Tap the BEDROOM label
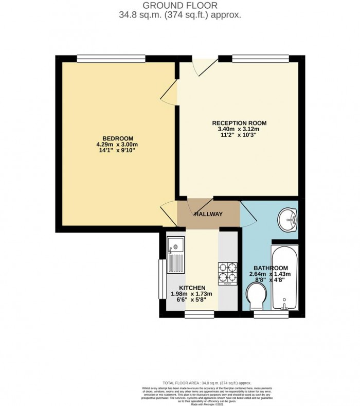[x=118, y=138]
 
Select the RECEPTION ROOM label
[x=240, y=122]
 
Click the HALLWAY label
[x=208, y=214]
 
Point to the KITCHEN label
[x=192, y=287]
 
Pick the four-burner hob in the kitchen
[x=227, y=273]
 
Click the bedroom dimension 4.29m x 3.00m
[x=118, y=145]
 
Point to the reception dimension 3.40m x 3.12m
[x=240, y=129]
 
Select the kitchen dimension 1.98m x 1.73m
[x=192, y=294]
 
